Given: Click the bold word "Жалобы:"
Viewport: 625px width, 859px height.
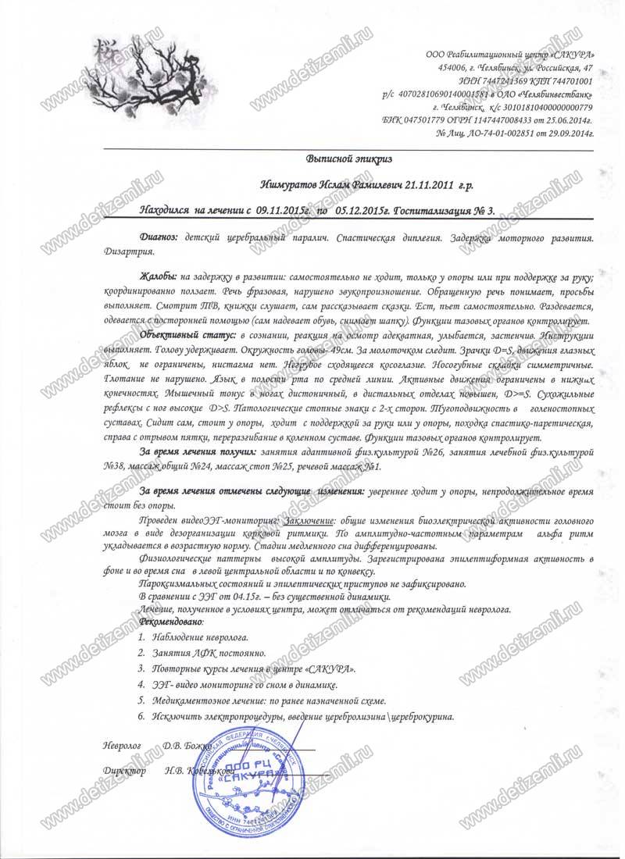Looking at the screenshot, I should [x=158, y=277].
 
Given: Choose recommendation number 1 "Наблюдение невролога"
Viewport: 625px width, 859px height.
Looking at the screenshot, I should [x=196, y=638].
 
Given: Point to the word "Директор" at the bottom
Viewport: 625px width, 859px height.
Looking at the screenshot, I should [x=123, y=771].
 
